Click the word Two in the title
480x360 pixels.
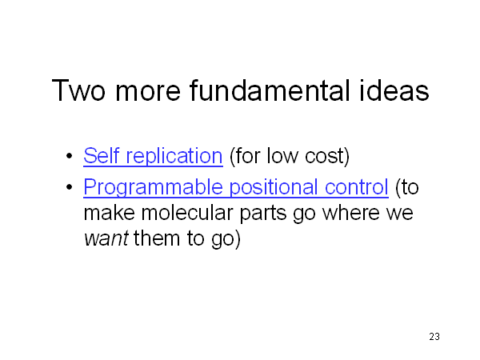(78, 90)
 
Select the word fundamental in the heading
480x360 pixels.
(270, 90)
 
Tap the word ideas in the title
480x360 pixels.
(394, 90)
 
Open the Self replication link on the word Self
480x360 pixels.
(101, 155)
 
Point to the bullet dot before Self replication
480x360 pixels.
(69, 155)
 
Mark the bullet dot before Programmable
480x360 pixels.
(69, 186)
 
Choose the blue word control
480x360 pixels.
(356, 186)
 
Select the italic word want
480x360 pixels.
(106, 238)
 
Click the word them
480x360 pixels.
(157, 238)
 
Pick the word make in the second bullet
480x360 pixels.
(110, 213)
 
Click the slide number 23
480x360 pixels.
(434, 337)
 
